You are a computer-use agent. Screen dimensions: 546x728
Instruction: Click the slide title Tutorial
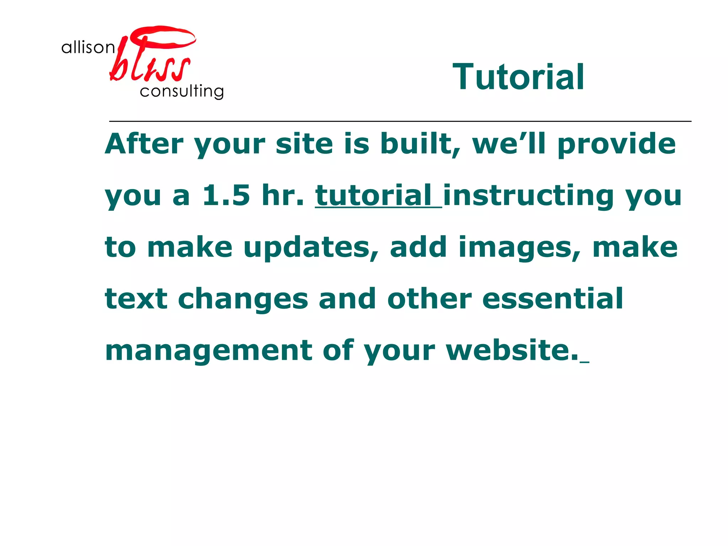pyautogui.click(x=518, y=77)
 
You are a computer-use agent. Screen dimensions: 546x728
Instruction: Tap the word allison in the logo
pyautogui.click(x=88, y=47)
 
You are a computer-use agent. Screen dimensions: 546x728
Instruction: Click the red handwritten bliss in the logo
pyautogui.click(x=151, y=57)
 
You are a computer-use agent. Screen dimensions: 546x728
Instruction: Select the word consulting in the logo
pyautogui.click(x=182, y=91)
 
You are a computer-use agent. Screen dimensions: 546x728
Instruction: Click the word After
pyautogui.click(x=144, y=144)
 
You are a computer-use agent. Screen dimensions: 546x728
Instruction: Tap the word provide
pyautogui.click(x=616, y=144)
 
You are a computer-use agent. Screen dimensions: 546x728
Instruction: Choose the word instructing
pyautogui.click(x=528, y=196)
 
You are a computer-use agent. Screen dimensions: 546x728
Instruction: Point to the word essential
pyautogui.click(x=552, y=299)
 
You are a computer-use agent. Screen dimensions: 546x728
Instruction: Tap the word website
pyautogui.click(x=512, y=350)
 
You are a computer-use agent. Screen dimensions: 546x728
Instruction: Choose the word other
pyautogui.click(x=430, y=299)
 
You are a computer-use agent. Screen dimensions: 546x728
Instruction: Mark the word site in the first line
pyautogui.click(x=304, y=144)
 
